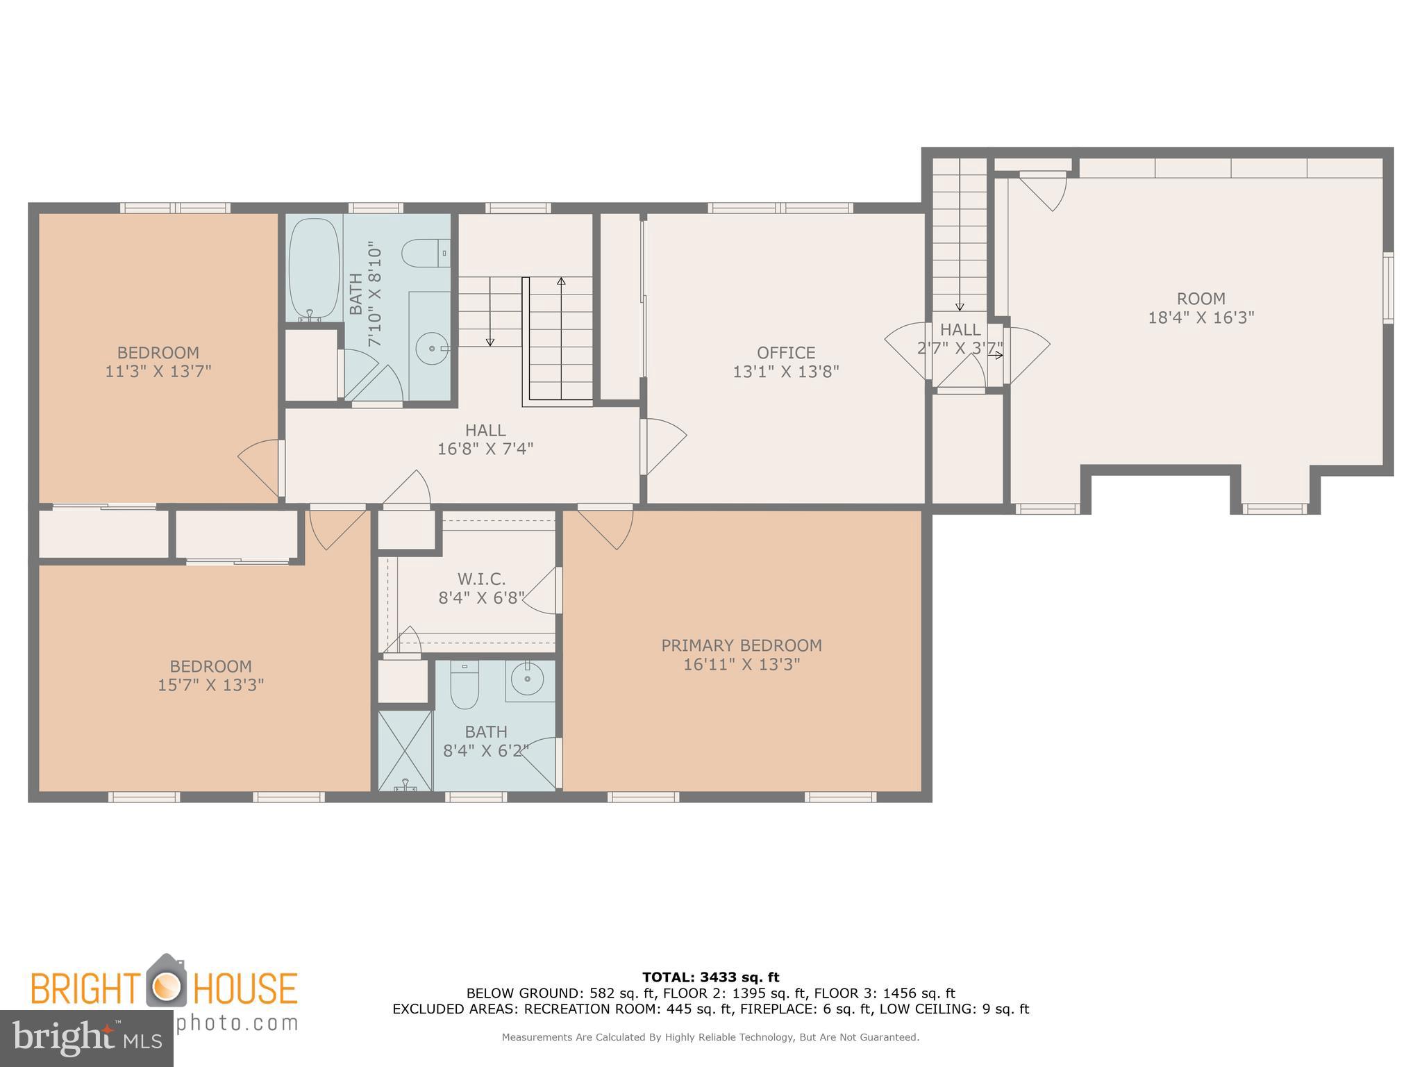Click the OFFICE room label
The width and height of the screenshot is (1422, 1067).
click(786, 353)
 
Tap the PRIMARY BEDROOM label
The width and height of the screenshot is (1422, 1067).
click(741, 645)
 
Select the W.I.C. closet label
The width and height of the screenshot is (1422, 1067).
click(481, 579)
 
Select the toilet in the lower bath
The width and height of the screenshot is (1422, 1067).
click(465, 684)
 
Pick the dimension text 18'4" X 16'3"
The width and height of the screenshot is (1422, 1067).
click(1201, 318)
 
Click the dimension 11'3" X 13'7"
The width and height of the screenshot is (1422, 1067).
click(158, 372)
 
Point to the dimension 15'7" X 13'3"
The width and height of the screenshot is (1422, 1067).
click(210, 686)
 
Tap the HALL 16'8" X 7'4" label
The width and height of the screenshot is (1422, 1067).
click(485, 439)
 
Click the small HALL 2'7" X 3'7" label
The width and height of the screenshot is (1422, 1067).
click(960, 339)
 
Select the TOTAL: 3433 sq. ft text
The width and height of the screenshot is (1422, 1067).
click(710, 977)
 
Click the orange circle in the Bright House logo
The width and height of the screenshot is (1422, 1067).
click(166, 987)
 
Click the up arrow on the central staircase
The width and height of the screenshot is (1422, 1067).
click(561, 281)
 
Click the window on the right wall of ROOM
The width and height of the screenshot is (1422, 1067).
click(1388, 288)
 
